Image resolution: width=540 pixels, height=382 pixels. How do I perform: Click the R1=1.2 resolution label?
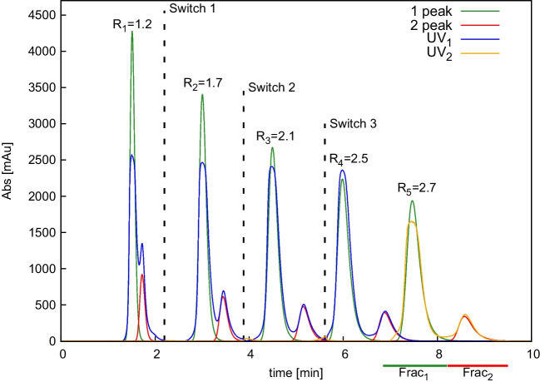click(x=132, y=25)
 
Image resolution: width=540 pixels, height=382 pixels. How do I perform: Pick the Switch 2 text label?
click(x=272, y=87)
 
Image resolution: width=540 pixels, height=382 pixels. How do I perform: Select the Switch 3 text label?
click(x=353, y=124)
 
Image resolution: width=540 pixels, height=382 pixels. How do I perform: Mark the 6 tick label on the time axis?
click(x=345, y=353)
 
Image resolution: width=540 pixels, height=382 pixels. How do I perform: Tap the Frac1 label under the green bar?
click(x=414, y=375)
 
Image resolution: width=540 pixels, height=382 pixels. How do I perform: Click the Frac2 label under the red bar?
click(x=477, y=375)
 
